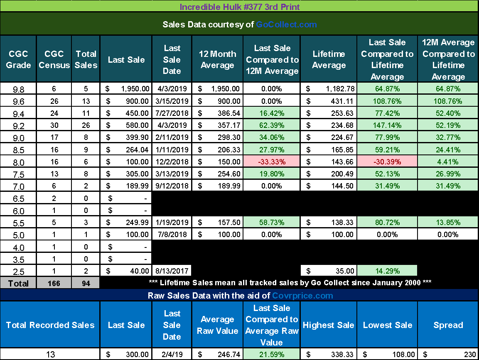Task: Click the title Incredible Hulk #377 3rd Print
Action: coord(239,7)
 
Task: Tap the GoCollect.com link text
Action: coord(286,24)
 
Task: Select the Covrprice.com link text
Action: coord(302,296)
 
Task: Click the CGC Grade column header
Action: coord(18,59)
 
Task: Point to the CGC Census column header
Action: coord(54,59)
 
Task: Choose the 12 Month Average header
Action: coord(217,59)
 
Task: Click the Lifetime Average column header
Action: coord(329,59)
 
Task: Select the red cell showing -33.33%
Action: coord(272,162)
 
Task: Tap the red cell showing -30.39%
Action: coord(387,162)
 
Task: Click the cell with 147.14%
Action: coord(387,125)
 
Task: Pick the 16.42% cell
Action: coord(272,113)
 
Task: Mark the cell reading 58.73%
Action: coord(272,223)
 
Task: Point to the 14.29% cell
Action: coord(387,271)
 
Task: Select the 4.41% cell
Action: coord(448,162)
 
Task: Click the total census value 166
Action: coord(54,284)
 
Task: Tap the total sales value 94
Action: coord(86,284)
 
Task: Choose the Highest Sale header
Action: coord(328,325)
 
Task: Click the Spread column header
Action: coord(448,325)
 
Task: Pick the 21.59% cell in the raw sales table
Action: coord(272,355)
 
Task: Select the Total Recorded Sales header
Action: coord(50,325)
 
